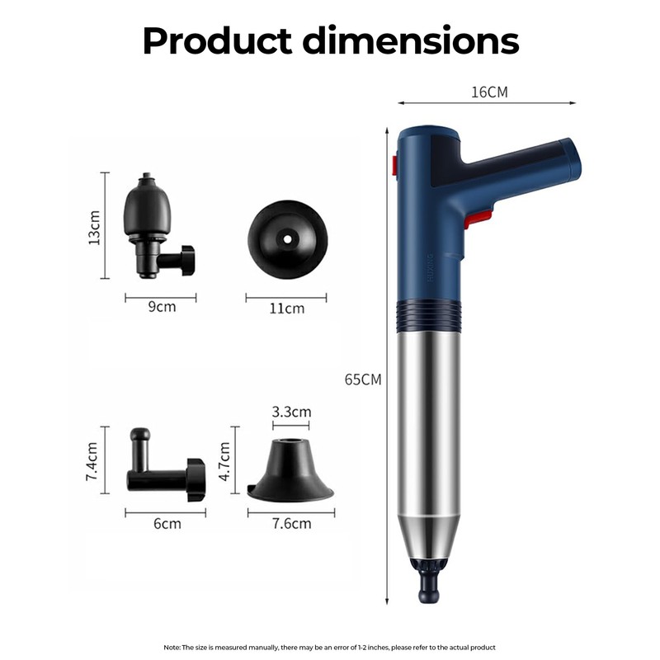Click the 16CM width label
(489, 92)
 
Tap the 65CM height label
(363, 379)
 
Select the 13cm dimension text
(94, 228)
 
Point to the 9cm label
(162, 306)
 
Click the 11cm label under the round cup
(286, 308)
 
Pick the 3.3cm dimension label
(291, 411)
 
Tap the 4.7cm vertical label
(224, 461)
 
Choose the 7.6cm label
(291, 523)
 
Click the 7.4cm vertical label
(92, 461)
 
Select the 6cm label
(167, 523)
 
